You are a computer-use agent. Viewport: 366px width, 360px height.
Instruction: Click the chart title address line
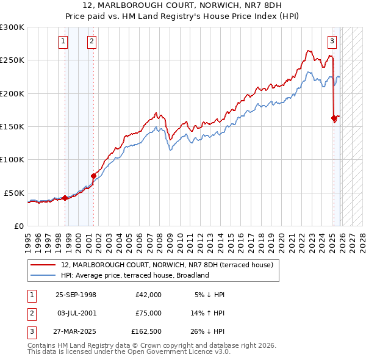tap(182, 5)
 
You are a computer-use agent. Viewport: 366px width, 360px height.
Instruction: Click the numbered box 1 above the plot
tap(63, 41)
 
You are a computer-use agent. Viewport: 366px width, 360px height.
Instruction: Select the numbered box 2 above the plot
tap(91, 41)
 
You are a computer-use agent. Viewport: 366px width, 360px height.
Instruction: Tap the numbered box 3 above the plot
tap(332, 41)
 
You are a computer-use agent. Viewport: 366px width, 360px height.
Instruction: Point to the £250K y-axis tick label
tap(12, 60)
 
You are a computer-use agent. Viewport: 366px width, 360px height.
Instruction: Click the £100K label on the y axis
tap(12, 159)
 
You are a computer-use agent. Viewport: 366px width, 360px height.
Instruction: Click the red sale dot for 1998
tap(65, 198)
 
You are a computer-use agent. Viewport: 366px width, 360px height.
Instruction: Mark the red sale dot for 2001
tap(93, 176)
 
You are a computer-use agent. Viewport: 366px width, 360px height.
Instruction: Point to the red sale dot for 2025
tap(334, 118)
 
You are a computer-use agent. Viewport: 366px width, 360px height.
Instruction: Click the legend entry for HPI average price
tap(135, 275)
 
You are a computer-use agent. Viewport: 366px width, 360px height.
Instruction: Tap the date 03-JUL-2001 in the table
tap(76, 314)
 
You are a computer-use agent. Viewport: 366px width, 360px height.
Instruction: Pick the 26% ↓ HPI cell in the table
tap(207, 333)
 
